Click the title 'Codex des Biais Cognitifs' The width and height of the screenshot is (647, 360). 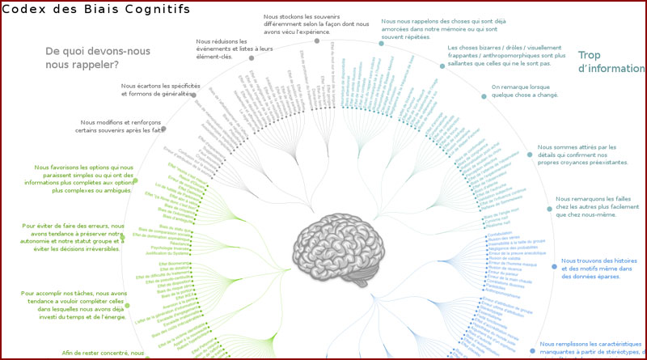(96, 10)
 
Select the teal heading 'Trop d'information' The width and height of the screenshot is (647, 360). (611, 62)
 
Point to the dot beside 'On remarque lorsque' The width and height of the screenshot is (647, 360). (484, 96)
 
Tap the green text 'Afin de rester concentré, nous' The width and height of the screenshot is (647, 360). (103, 354)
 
